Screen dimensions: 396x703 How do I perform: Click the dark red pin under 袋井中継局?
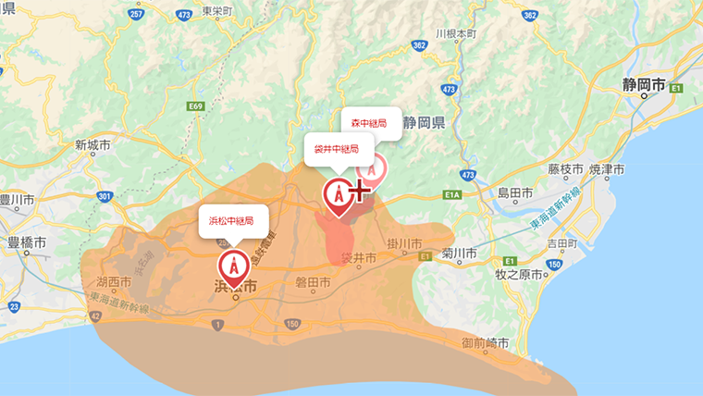[339, 196]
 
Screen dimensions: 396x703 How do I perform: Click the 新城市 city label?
[92, 145]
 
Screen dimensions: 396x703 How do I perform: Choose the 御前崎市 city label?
[485, 343]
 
